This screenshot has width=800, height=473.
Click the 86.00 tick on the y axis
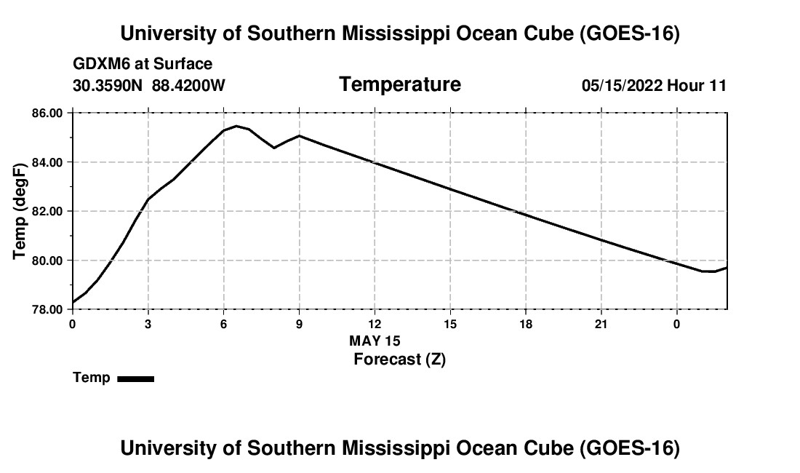click(x=47, y=113)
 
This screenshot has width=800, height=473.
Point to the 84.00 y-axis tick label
click(x=47, y=162)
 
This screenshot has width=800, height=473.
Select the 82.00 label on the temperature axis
click(x=47, y=211)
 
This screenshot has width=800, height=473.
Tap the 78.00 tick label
click(x=47, y=310)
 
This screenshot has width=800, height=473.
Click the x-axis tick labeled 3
click(x=148, y=324)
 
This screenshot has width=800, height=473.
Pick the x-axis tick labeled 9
click(x=299, y=324)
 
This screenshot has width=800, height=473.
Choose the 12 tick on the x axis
click(x=375, y=324)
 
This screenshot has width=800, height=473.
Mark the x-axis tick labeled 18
click(x=526, y=324)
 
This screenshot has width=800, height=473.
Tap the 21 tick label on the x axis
click(x=601, y=324)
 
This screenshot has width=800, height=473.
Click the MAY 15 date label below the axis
click(x=375, y=341)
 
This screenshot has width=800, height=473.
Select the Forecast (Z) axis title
click(x=399, y=359)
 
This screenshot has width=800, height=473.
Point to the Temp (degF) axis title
click(x=20, y=211)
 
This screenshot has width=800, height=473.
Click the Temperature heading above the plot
click(x=400, y=84)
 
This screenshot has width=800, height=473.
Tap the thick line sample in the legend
click(x=136, y=379)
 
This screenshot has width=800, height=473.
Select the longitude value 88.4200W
click(x=188, y=85)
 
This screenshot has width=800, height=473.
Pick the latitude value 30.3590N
click(x=108, y=85)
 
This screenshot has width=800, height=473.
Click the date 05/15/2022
click(x=622, y=85)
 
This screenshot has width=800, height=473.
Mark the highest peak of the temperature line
click(x=236, y=126)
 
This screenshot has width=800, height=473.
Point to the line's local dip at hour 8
click(x=274, y=148)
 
